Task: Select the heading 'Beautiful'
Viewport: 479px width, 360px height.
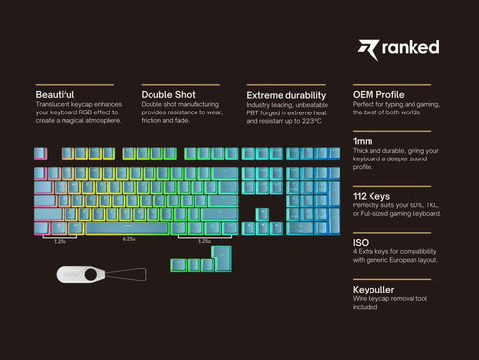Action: [56, 95]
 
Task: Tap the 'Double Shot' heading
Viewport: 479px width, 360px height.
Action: [168, 95]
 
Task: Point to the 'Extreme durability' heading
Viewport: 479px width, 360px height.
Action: [285, 95]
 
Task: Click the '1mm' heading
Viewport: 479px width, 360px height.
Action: [362, 142]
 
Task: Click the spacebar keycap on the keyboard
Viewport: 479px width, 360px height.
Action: [129, 228]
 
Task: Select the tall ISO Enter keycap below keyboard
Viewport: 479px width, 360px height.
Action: [221, 258]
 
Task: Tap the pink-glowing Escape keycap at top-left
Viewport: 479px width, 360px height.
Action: [40, 154]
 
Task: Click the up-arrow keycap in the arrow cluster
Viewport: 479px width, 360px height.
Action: [263, 214]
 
